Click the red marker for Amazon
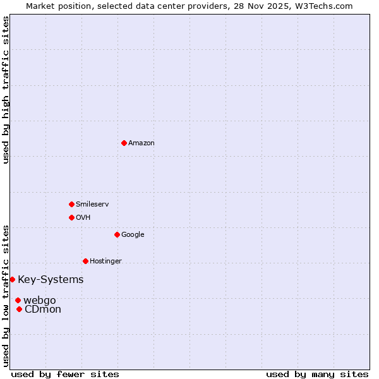[x=124, y=143]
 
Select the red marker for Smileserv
[x=71, y=204]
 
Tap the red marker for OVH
[x=71, y=217]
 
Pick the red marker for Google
[x=117, y=234]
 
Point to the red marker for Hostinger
[x=85, y=261]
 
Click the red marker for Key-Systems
[x=12, y=279]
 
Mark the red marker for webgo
[x=18, y=300]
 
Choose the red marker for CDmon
[x=19, y=309]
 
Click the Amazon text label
[x=141, y=143]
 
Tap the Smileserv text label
[x=92, y=205]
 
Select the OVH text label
[x=83, y=218]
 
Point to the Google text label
[x=133, y=235]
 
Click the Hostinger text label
[x=105, y=262]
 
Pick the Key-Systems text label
[x=51, y=280]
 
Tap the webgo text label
[x=40, y=300]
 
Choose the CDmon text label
[x=43, y=310]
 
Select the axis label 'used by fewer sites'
[x=65, y=374]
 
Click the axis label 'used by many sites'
[x=317, y=374]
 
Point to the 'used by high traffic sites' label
[x=6, y=90]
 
